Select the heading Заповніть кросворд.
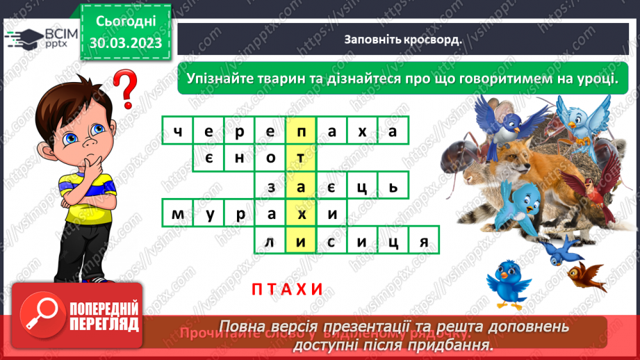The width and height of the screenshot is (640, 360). tap(403, 39)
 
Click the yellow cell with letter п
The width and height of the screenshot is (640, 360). tap(300, 130)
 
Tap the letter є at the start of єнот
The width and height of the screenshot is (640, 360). tap(208, 158)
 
